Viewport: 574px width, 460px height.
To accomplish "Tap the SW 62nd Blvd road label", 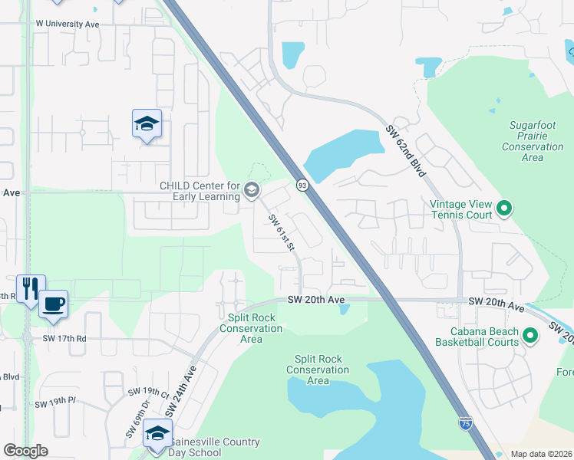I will click(x=405, y=151).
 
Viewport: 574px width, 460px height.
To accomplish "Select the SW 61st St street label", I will click(x=282, y=232).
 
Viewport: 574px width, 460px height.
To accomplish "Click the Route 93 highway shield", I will click(x=302, y=186).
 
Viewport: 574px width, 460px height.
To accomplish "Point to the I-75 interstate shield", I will click(x=465, y=422).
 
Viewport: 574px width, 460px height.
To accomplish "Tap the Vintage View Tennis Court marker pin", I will click(x=504, y=207).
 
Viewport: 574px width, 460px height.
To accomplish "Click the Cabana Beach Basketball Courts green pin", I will click(x=529, y=335).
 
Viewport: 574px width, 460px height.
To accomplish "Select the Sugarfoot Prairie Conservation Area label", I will click(x=533, y=141).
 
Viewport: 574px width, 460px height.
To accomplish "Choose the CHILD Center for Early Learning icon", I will click(x=252, y=189).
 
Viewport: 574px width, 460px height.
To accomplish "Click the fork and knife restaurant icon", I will click(x=31, y=288).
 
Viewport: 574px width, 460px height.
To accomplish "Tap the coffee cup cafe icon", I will click(x=53, y=304).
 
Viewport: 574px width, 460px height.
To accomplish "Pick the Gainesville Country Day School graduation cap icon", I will click(x=158, y=433).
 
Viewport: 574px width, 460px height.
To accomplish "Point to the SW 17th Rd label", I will click(x=64, y=338).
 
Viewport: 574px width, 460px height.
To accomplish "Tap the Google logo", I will click(x=26, y=451).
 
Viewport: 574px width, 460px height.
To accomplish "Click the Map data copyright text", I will click(x=540, y=454).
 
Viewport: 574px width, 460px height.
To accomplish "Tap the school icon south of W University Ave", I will click(x=147, y=123).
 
